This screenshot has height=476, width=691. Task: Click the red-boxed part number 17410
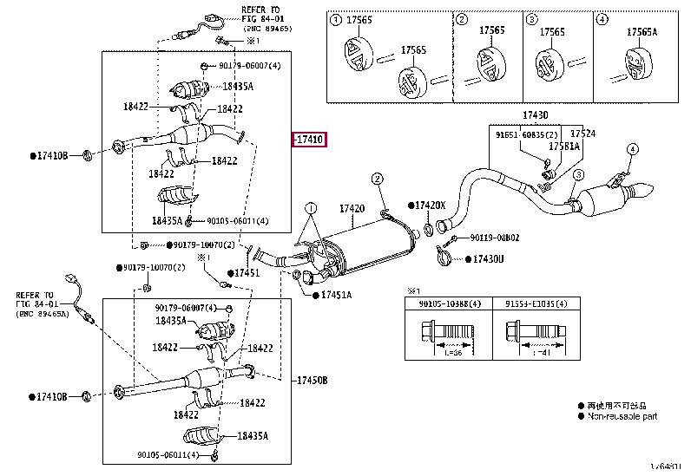(309, 140)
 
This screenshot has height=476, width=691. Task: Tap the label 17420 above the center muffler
(351, 209)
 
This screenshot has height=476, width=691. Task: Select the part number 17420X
(430, 205)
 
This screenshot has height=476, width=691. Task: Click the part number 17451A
(337, 296)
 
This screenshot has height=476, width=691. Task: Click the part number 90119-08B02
(495, 238)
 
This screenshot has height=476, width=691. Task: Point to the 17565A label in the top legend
(643, 30)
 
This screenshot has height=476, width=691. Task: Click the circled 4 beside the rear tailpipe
(632, 150)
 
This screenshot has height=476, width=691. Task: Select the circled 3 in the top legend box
(531, 19)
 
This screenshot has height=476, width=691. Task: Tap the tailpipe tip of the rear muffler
(648, 190)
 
